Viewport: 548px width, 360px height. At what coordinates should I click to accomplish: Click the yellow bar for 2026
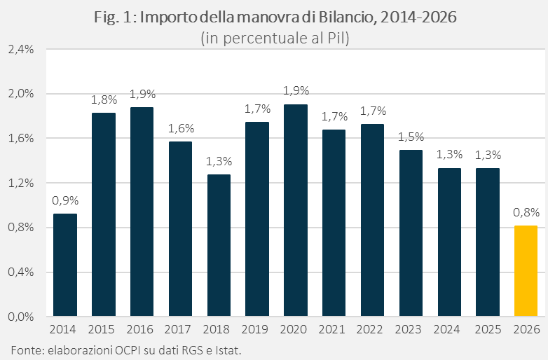tap(526, 270)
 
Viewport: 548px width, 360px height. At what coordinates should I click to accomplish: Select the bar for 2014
tap(65, 265)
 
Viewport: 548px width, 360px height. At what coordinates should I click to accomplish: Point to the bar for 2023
tap(411, 233)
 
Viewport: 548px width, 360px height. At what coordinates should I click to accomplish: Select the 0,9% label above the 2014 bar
tap(65, 200)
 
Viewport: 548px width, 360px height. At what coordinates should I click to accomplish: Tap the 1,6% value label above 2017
tap(180, 128)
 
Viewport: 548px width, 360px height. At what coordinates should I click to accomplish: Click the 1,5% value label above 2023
tap(411, 137)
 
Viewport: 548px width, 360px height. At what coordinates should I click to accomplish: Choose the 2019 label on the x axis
tap(257, 328)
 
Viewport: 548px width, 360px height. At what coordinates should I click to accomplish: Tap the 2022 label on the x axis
tap(372, 328)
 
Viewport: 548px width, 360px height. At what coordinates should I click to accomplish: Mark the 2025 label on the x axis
tap(487, 328)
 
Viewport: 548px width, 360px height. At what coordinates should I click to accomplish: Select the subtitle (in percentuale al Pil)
tap(275, 38)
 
